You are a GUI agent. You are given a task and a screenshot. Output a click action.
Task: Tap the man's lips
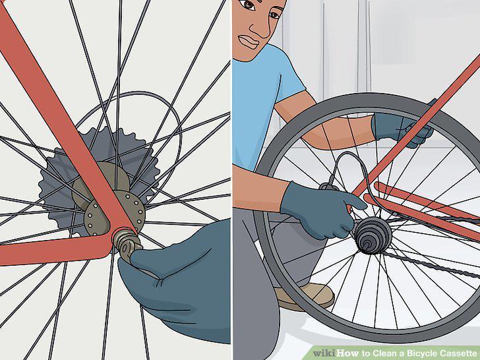point(248,42)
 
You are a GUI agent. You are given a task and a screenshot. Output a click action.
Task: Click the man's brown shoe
point(305,295)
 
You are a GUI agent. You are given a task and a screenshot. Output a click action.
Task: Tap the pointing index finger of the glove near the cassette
point(352,200)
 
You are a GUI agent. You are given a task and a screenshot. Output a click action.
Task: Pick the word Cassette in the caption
point(458,353)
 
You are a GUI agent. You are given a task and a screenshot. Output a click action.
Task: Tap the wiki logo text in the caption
point(324,353)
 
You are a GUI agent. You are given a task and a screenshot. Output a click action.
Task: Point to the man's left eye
point(247,5)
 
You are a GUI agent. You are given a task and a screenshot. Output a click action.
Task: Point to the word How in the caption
point(348,353)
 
